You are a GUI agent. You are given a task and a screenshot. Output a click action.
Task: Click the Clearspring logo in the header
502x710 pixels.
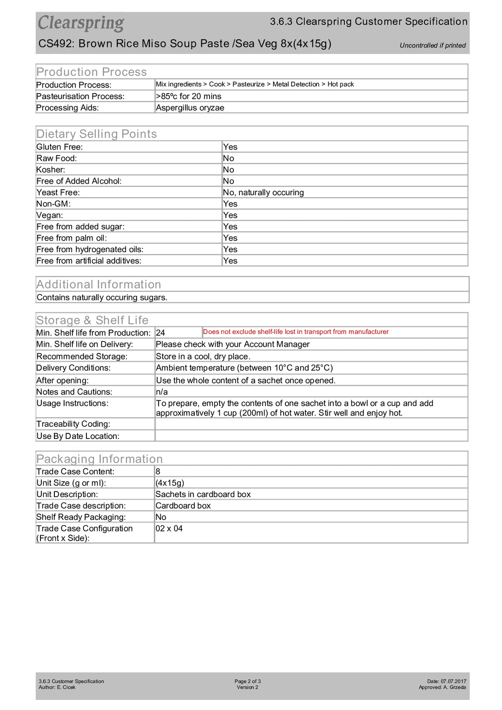pyautogui.click(x=81, y=23)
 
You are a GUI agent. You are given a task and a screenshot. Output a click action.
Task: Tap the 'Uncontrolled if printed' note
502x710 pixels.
pyautogui.click(x=432, y=46)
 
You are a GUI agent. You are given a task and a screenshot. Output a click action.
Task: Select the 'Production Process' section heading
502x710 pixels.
pyautogui.click(x=92, y=72)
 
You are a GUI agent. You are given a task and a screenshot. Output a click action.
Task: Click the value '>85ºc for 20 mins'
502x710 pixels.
pyautogui.click(x=189, y=96)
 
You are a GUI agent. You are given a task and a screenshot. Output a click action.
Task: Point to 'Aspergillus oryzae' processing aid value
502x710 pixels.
pyautogui.click(x=190, y=108)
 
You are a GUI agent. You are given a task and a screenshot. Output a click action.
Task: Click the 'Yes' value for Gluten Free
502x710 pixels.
pyautogui.click(x=230, y=147)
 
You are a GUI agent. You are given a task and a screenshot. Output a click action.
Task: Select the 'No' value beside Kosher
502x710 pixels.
pyautogui.click(x=229, y=170)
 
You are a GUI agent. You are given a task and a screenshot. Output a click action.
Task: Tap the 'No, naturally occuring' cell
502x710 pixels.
pyautogui.click(x=263, y=192)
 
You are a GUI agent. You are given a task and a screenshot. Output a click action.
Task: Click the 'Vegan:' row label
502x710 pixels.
pyautogui.click(x=50, y=215)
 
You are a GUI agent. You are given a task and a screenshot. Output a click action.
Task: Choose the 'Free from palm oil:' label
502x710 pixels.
pyautogui.click(x=72, y=238)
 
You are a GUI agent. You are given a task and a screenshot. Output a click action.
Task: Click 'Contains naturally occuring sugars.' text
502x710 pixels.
pyautogui.click(x=102, y=298)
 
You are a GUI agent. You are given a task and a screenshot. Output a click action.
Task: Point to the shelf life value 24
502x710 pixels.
pyautogui.click(x=160, y=333)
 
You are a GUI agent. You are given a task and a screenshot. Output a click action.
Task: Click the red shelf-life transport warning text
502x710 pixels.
pyautogui.click(x=296, y=332)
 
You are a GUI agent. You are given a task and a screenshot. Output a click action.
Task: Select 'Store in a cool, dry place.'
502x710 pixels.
pyautogui.click(x=203, y=357)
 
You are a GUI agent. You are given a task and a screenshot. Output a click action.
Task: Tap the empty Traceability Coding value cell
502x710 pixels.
pyautogui.click(x=311, y=424)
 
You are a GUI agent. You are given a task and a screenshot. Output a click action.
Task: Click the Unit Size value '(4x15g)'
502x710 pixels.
pyautogui.click(x=170, y=483)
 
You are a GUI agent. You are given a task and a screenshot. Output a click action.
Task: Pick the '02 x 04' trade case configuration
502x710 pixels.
pyautogui.click(x=169, y=529)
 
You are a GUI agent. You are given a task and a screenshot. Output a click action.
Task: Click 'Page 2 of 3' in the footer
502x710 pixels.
pyautogui.click(x=247, y=681)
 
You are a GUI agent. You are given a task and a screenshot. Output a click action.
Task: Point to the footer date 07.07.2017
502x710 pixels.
pyautogui.click(x=453, y=681)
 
